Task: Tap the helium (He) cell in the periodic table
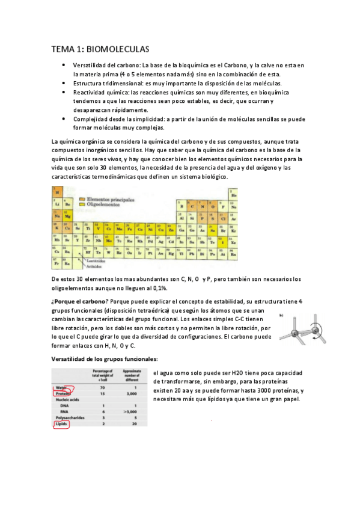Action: (233, 194)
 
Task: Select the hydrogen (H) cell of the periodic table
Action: (58, 193)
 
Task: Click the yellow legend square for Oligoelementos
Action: (84, 204)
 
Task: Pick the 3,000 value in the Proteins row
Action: (136, 394)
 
